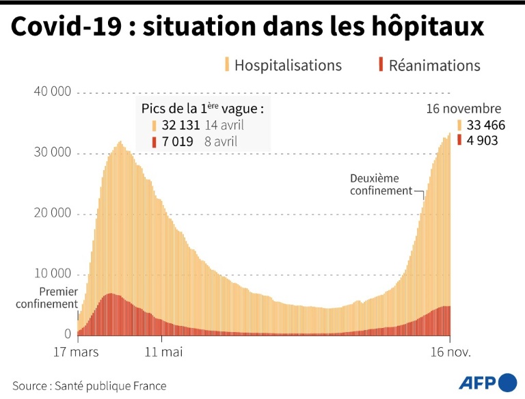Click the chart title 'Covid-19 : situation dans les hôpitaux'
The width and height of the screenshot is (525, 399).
(x=247, y=27)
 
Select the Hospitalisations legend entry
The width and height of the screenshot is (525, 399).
(x=287, y=66)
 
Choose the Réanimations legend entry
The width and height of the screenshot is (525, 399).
(x=434, y=66)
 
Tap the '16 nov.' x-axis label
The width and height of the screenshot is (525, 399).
(x=449, y=353)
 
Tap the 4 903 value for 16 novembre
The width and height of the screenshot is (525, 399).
(x=483, y=141)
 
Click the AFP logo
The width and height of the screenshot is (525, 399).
(x=487, y=383)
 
